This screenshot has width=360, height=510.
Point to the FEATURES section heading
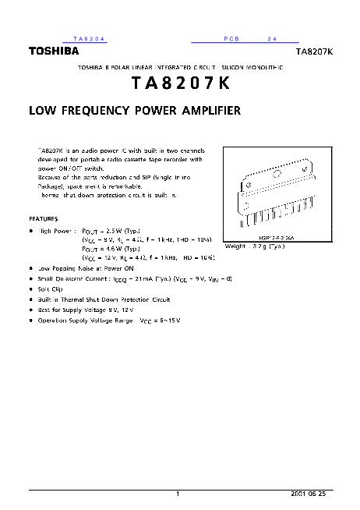tap(44, 219)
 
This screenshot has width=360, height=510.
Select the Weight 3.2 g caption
tap(254, 246)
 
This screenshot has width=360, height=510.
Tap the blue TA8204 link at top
tap(89, 38)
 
